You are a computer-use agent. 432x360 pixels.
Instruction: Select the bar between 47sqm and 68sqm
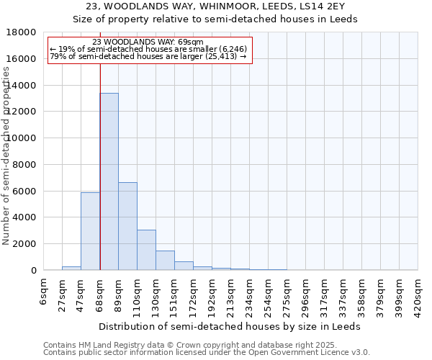90,231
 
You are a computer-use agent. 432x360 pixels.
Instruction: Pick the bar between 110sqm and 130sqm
146,250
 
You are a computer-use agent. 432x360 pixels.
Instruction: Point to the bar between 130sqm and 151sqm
165,261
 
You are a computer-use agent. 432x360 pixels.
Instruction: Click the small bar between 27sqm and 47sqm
71,268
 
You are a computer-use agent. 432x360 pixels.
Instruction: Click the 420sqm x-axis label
418,294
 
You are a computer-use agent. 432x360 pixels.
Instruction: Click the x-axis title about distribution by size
229,326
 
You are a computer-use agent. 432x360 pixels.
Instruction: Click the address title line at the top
215,6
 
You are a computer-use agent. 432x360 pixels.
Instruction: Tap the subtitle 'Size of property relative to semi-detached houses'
215,19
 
